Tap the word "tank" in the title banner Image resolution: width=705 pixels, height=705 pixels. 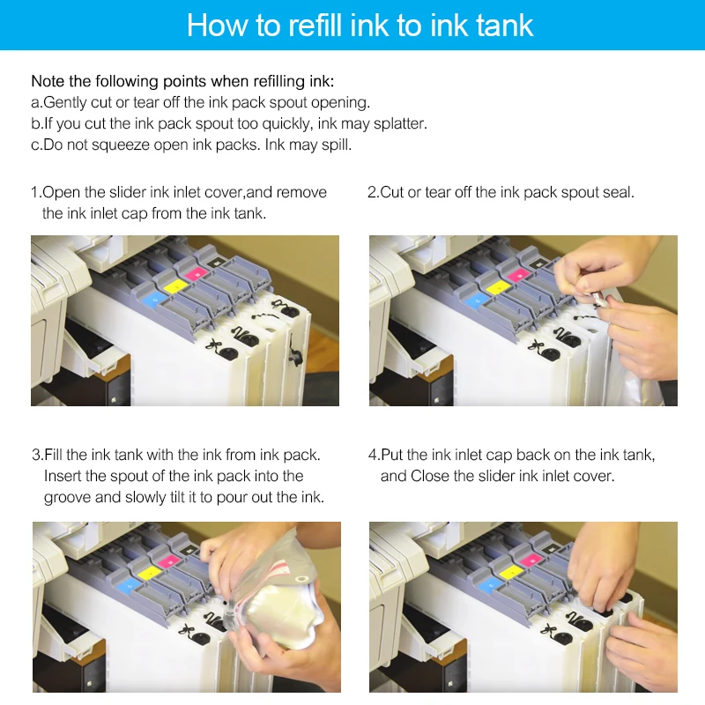click(505, 26)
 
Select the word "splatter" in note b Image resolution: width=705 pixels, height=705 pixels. click(400, 123)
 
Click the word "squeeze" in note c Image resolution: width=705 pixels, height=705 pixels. click(120, 145)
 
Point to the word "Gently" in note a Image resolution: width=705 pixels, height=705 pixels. click(65, 103)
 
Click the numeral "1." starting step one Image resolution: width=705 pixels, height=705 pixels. click(36, 192)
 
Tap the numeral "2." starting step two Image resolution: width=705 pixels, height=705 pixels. click(374, 192)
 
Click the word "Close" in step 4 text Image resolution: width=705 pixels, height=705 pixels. click(430, 476)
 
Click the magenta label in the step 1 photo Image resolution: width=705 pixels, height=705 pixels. click(196, 273)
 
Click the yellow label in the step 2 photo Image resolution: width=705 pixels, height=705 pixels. click(499, 287)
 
